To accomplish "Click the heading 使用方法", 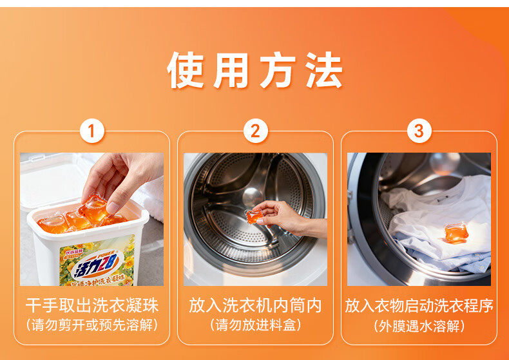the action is (x=254, y=70).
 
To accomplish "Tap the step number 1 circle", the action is (x=92, y=131).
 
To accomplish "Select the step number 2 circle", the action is (x=256, y=131).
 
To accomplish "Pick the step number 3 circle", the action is (x=419, y=131).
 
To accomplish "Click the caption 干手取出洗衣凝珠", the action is (x=92, y=305).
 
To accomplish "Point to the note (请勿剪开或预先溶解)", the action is (x=92, y=325).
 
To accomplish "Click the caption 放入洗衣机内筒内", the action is (x=256, y=305).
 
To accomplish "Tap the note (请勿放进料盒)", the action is (x=256, y=325).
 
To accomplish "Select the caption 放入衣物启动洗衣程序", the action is (x=419, y=305).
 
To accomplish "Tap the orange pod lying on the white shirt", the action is (x=456, y=233).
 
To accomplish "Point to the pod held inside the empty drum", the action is (x=254, y=216).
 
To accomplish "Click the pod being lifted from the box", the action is (x=94, y=209).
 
